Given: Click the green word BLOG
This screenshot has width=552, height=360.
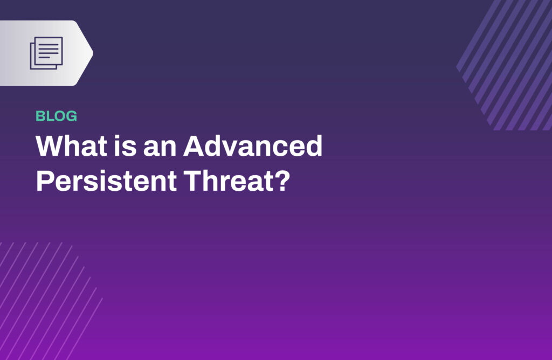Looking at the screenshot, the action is pos(56,116).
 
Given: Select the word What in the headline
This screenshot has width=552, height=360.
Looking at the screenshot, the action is pos(72,146).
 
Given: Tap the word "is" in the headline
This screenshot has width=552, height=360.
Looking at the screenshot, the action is pos(125,146).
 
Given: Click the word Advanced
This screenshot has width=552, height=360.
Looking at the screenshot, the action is pos(253,146).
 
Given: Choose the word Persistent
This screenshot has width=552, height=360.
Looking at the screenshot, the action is pos(106,181).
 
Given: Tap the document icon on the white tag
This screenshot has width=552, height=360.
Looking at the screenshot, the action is pos(46,53).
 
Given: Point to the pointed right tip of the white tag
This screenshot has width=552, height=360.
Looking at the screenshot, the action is pos(93,53).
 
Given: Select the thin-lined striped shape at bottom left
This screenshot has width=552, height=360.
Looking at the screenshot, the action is pos(49,301).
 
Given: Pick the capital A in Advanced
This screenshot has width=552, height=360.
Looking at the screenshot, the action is pos(195,146).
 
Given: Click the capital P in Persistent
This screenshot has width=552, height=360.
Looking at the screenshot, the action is pos(44,181).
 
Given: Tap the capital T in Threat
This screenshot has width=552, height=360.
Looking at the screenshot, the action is pos(193,181).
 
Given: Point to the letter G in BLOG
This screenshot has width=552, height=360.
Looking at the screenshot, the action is pos(72,116).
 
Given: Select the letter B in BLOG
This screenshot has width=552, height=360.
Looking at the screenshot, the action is pos(40,116).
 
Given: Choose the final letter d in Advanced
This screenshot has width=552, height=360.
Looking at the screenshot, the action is pos(314,146).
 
